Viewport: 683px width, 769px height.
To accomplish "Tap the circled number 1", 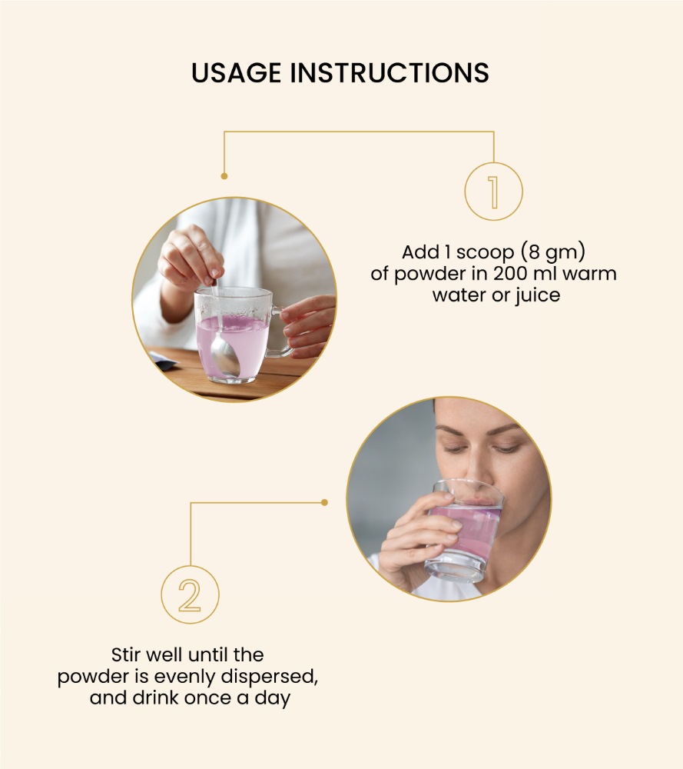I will tap(493, 191).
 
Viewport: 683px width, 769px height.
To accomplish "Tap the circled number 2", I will tap(190, 594).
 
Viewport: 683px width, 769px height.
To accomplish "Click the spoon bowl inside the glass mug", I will tap(225, 358).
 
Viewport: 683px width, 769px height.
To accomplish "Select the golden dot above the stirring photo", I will tap(224, 176).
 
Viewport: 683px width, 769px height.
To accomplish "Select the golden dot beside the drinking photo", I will tap(324, 502).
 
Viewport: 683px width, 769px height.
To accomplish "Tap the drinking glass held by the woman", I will tap(466, 531).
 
